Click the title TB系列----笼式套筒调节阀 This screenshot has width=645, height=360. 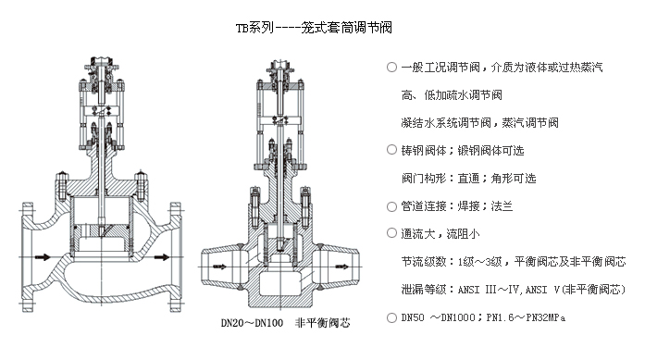click(314, 28)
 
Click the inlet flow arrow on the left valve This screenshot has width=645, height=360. click(43, 257)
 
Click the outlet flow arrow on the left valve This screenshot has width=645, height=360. click(162, 257)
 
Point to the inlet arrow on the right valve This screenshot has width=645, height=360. click(220, 267)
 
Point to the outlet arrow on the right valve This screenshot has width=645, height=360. click(341, 267)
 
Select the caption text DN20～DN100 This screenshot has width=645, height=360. click(252, 323)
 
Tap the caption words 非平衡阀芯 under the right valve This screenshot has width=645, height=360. click(322, 323)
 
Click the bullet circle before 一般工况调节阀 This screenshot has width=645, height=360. click(391, 67)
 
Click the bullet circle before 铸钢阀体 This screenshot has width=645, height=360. click(391, 150)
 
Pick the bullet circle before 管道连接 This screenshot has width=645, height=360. click(391, 206)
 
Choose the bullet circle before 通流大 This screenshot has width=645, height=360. click(391, 234)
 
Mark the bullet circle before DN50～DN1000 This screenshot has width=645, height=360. click(391, 317)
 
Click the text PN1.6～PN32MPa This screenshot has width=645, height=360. click(526, 317)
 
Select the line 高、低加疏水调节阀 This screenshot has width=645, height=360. click(452, 95)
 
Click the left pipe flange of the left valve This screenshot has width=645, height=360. click(27, 257)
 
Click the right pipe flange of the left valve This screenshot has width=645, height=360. click(176, 257)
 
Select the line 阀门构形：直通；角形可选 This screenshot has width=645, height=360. click(469, 178)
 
